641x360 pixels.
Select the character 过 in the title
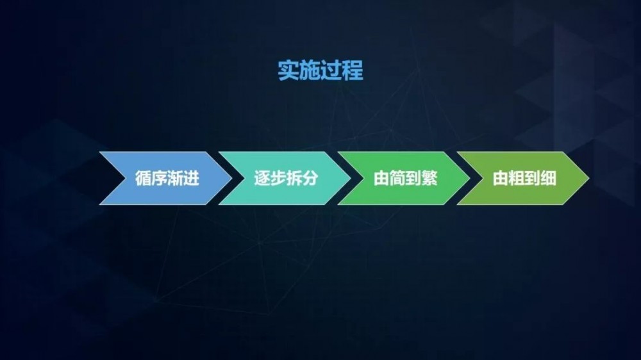[331, 70]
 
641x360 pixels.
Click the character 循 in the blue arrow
[144, 179]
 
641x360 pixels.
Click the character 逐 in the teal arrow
[262, 179]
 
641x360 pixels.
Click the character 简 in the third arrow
[397, 179]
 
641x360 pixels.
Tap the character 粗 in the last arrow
[517, 179]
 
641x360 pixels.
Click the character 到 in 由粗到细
[532, 179]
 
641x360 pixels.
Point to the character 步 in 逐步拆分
[278, 179]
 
